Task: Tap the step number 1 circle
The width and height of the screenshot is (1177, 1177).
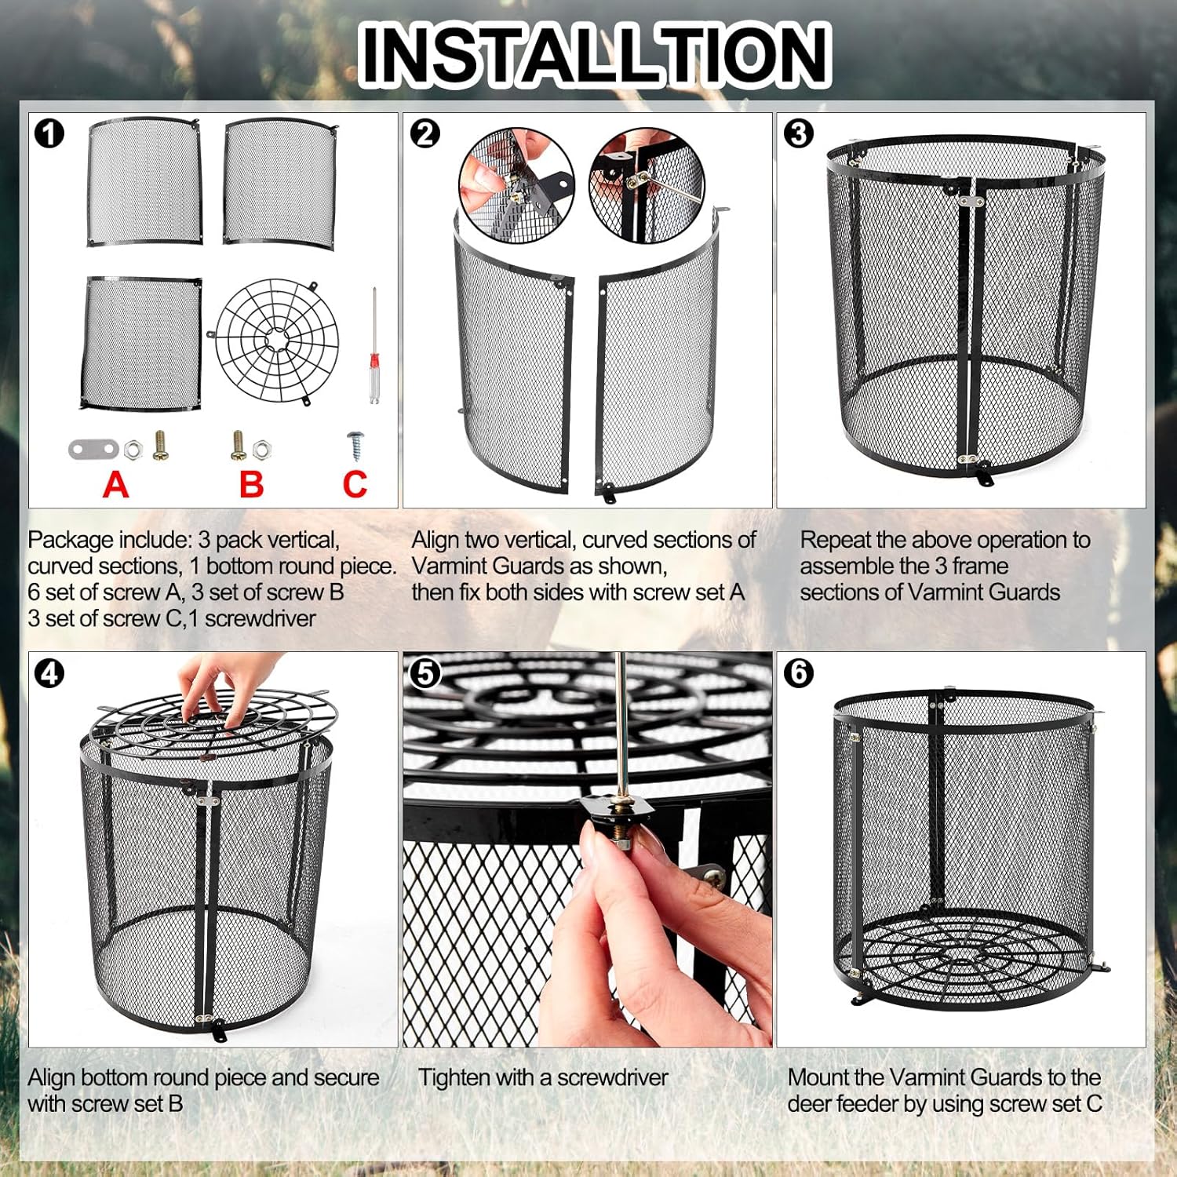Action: [49, 133]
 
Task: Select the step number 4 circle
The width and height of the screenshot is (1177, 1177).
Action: [49, 673]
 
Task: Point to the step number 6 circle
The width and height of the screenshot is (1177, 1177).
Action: [799, 672]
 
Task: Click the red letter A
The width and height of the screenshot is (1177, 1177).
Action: [115, 484]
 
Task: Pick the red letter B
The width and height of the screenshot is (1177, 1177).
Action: [251, 484]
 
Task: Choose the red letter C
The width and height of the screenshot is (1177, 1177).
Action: [355, 484]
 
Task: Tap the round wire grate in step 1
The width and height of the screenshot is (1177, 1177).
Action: [276, 341]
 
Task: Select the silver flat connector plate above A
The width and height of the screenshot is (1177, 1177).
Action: [93, 450]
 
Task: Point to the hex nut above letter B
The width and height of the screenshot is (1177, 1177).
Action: [261, 450]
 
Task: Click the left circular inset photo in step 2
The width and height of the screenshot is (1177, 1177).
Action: [516, 186]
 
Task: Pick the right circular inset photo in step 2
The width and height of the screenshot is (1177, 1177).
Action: [647, 186]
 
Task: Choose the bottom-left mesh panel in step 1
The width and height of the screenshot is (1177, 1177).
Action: [141, 343]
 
